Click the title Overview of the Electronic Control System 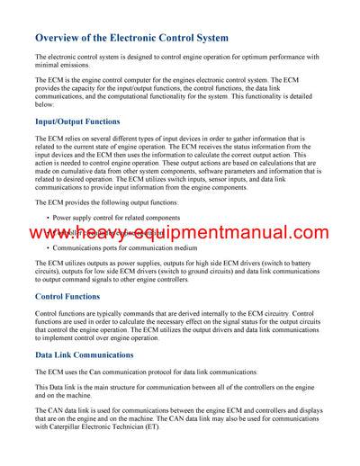click(x=131, y=39)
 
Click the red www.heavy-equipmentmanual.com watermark click(x=180, y=234)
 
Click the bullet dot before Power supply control click(x=47, y=218)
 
